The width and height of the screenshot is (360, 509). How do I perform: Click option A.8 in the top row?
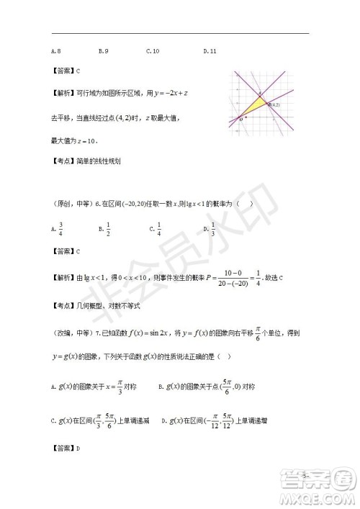click(x=55, y=51)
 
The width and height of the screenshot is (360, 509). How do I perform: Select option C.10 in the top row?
click(x=152, y=51)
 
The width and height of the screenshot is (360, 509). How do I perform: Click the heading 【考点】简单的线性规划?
click(x=86, y=161)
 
